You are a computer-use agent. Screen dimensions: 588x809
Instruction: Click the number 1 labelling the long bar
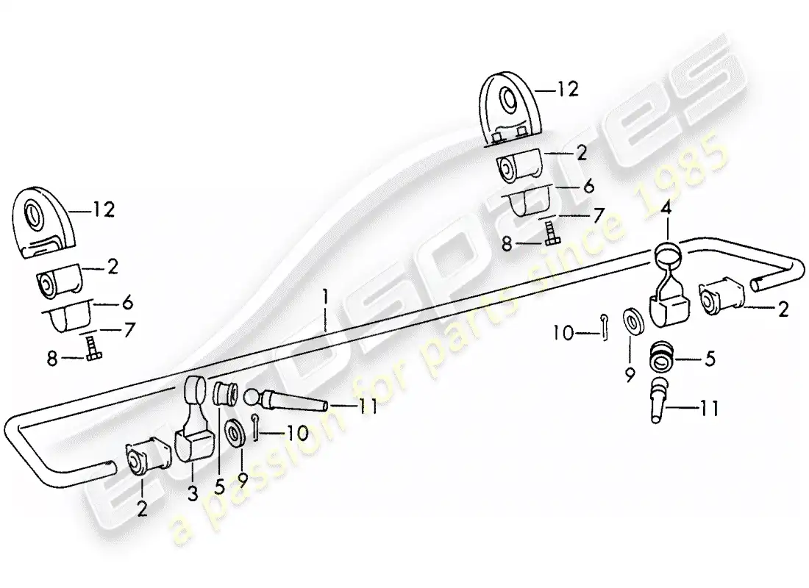[324, 298]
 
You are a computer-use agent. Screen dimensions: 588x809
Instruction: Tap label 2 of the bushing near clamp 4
[783, 309]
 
